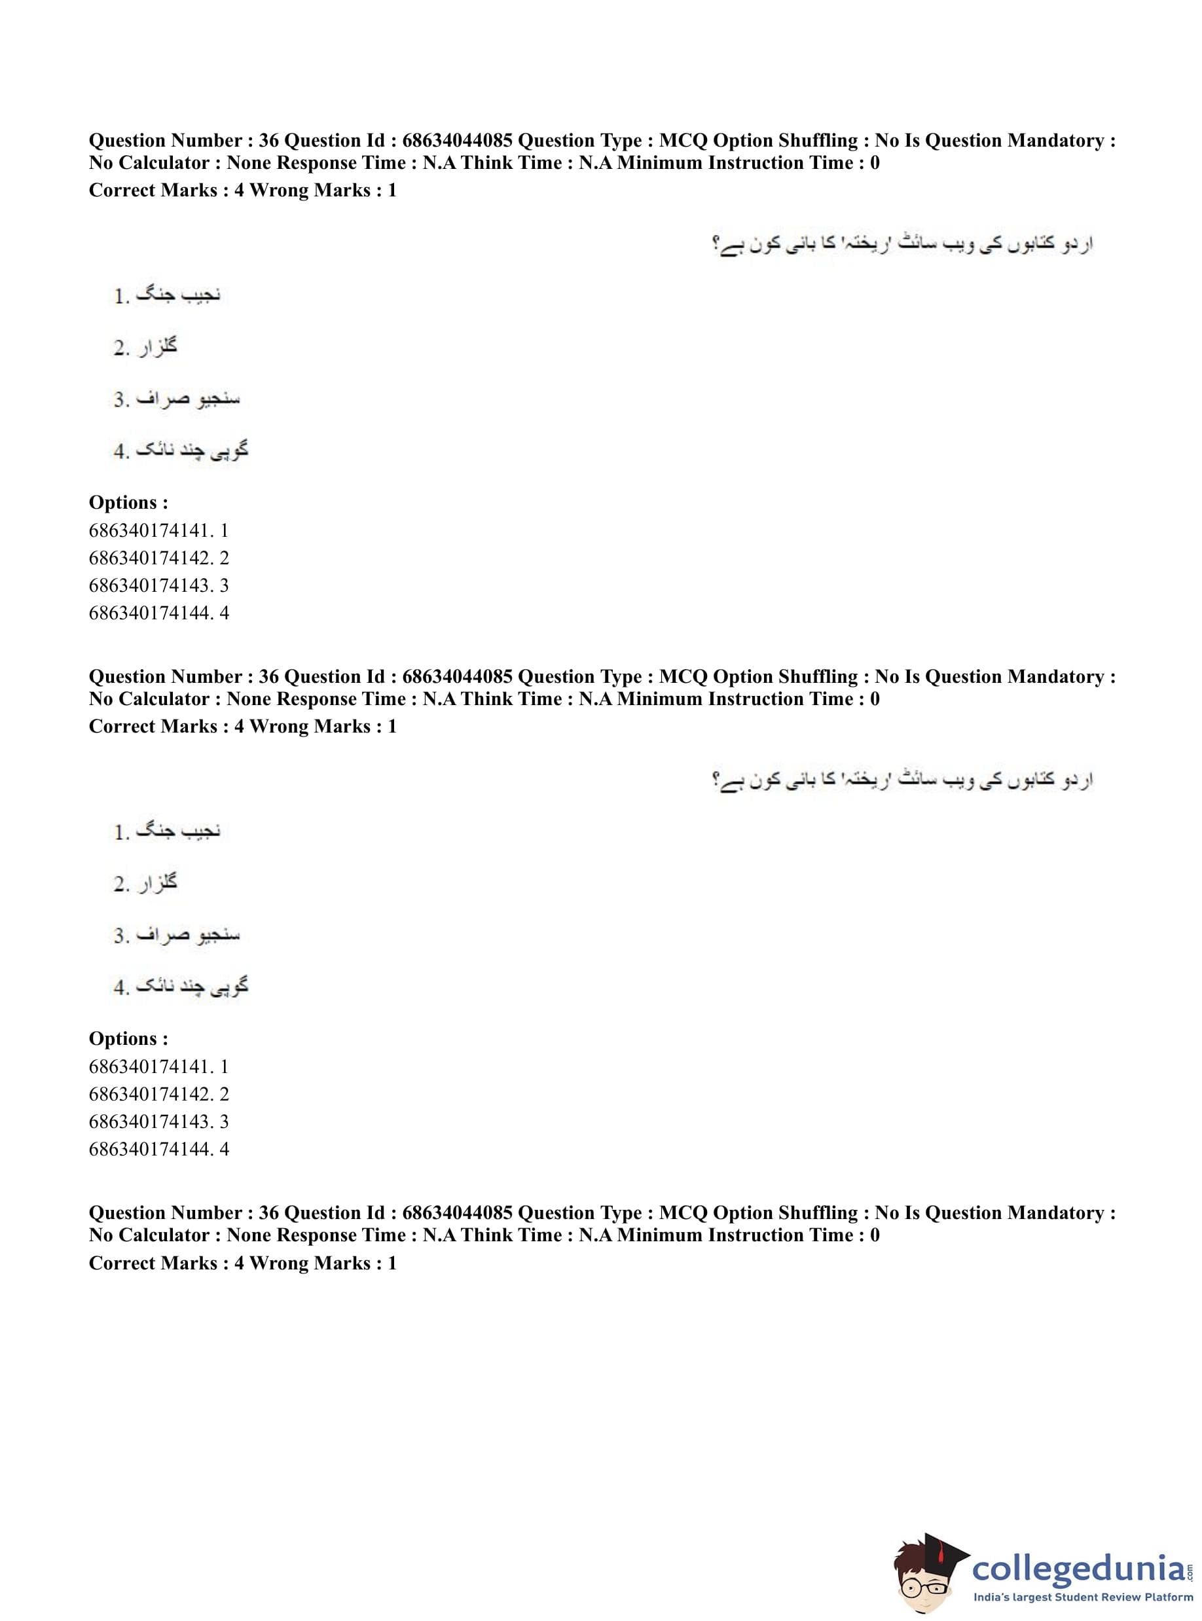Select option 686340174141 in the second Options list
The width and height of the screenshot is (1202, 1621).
[x=158, y=1066]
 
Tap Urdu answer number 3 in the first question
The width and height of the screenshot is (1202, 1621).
[x=177, y=399]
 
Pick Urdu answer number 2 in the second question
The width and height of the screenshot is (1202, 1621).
[x=145, y=883]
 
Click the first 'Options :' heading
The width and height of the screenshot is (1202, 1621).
[x=128, y=503]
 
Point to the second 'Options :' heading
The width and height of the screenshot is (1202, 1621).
[x=128, y=1039]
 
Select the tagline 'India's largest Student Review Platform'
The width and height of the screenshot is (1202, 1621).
[x=1083, y=1597]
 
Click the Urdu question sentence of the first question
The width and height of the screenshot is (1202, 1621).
[x=902, y=244]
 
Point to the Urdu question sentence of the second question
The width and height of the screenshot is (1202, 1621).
[x=902, y=780]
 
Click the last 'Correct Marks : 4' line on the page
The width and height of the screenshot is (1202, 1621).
[x=242, y=1263]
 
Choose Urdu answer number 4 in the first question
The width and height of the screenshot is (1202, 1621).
[x=181, y=451]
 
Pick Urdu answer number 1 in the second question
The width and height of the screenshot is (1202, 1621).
[x=167, y=831]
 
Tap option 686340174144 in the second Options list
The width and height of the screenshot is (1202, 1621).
[x=158, y=1150]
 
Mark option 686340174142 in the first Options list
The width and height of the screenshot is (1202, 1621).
[x=158, y=558]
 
